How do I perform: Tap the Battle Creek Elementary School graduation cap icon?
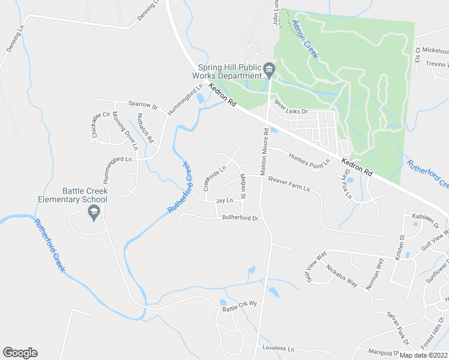coord(93,211)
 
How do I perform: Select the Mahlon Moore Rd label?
coord(264,149)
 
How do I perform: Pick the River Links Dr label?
coord(291,107)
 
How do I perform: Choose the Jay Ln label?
coord(224,200)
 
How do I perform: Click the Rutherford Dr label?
coord(240,218)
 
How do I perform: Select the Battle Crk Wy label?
coord(240,306)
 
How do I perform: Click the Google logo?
coord(20,353)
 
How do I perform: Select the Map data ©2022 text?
coord(423,355)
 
